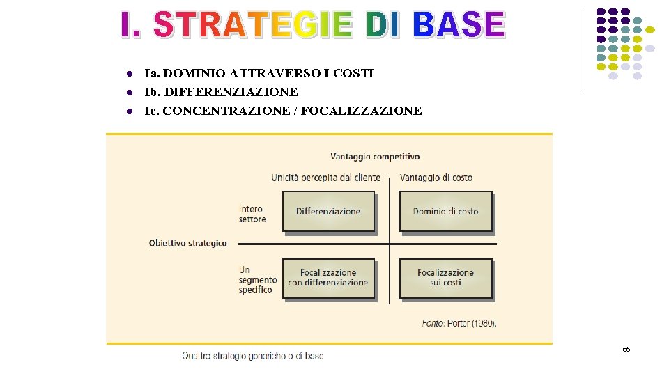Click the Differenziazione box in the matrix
click(x=328, y=211)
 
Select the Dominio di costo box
click(x=445, y=211)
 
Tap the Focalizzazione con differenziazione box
click(x=328, y=278)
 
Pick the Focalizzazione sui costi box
click(x=445, y=278)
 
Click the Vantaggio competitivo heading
click(x=375, y=157)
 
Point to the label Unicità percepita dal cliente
click(x=325, y=178)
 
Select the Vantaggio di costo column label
click(x=436, y=178)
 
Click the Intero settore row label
click(x=252, y=214)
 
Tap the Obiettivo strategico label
click(x=188, y=243)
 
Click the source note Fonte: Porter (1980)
click(x=459, y=323)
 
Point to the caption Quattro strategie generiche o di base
click(x=253, y=356)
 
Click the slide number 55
click(x=626, y=349)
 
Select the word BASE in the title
click(x=458, y=25)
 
